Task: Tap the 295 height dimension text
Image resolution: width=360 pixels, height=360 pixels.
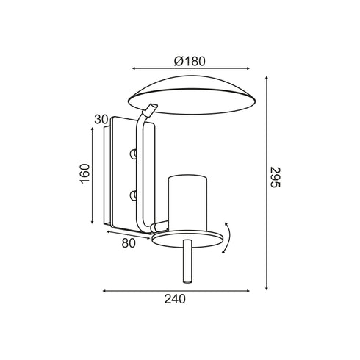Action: click(275, 177)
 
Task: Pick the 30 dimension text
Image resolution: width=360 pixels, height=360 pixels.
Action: click(101, 119)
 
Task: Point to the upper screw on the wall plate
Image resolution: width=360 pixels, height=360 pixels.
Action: click(133, 154)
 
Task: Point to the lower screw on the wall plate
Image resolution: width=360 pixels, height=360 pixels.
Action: click(133, 195)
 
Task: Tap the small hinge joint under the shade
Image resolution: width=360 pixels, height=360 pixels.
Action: click(151, 111)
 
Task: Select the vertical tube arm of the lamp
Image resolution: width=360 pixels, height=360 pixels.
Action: click(140, 169)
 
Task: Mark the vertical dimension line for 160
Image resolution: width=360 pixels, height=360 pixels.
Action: click(93, 174)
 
